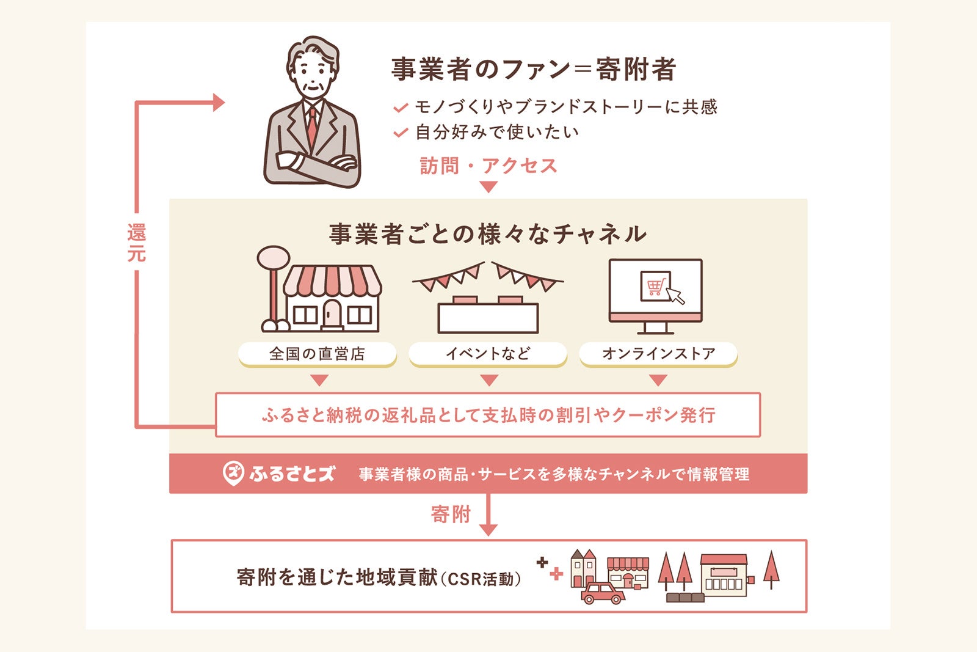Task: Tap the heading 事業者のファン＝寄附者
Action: tap(533, 69)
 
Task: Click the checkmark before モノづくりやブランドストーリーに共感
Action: tap(401, 108)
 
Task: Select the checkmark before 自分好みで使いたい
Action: tap(401, 133)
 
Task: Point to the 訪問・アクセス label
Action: tap(488, 166)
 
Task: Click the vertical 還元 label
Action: tap(136, 243)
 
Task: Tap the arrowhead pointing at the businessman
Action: tap(218, 102)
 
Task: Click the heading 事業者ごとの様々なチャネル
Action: tap(487, 234)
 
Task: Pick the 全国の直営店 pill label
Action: tap(317, 354)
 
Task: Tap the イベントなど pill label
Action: tap(487, 354)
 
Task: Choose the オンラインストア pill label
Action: tap(658, 354)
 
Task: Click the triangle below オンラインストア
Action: tap(658, 380)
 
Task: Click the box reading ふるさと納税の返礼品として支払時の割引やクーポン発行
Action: tap(487, 415)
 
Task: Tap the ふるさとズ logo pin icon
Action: tap(233, 473)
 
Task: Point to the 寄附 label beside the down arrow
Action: tap(451, 515)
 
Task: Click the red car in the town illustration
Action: tap(602, 593)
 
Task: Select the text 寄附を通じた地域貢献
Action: tap(337, 577)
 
